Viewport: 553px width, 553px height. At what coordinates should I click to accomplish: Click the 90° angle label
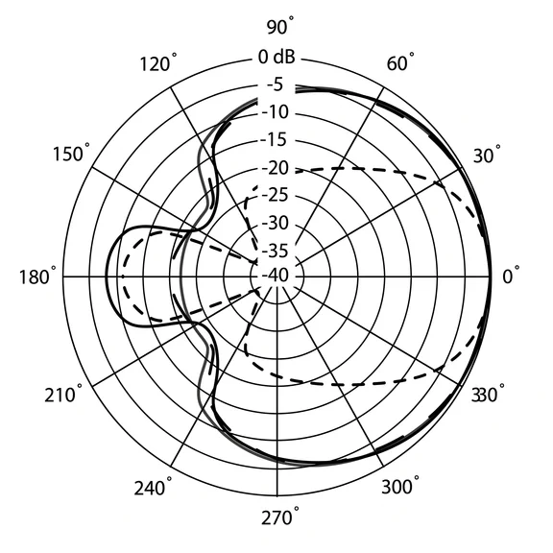pyautogui.click(x=280, y=27)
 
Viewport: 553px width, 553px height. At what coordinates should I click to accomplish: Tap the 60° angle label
pyautogui.click(x=400, y=63)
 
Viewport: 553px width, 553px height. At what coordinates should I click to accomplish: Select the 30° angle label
pyautogui.click(x=487, y=155)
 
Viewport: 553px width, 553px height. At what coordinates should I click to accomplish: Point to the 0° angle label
pyautogui.click(x=511, y=276)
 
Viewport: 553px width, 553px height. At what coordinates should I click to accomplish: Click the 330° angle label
pyautogui.click(x=488, y=395)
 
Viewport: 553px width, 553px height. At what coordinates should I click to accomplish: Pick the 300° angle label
pyautogui.click(x=400, y=486)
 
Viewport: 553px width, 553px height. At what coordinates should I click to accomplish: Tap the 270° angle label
pyautogui.click(x=280, y=517)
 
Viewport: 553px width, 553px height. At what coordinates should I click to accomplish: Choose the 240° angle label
pyautogui.click(x=153, y=488)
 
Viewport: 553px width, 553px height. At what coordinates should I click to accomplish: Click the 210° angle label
pyautogui.click(x=63, y=395)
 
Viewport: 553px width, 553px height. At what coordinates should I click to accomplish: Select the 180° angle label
pyautogui.click(x=37, y=276)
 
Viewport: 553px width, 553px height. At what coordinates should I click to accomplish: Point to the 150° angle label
pyautogui.click(x=71, y=154)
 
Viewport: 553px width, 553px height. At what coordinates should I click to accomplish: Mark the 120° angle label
pyautogui.click(x=158, y=63)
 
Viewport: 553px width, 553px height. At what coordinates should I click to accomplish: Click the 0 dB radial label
pyautogui.click(x=276, y=57)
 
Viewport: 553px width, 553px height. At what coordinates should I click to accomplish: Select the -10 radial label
pyautogui.click(x=276, y=112)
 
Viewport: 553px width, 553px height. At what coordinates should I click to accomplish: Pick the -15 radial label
pyautogui.click(x=274, y=140)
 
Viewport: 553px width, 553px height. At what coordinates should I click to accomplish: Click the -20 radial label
pyautogui.click(x=276, y=168)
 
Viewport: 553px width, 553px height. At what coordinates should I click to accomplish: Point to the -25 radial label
pyautogui.click(x=276, y=195)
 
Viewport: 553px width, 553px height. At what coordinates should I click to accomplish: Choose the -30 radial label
pyautogui.click(x=276, y=223)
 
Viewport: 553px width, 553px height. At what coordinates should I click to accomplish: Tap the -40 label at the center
pyautogui.click(x=276, y=276)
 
